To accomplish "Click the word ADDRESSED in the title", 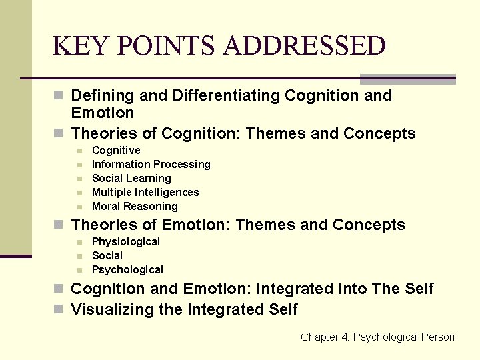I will (x=305, y=46).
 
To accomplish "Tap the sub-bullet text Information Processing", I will (x=151, y=164).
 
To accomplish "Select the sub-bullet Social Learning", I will (x=131, y=178).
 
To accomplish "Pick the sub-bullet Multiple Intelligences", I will (x=145, y=192).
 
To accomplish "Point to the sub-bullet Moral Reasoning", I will (x=135, y=206).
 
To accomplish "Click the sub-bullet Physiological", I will (x=126, y=241).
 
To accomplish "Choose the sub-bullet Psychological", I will (x=127, y=269).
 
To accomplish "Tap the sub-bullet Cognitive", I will (x=116, y=150).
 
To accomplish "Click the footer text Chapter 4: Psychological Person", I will (x=377, y=337).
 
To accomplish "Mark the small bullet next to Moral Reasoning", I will (x=79, y=207).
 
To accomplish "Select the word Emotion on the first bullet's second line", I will (x=103, y=113).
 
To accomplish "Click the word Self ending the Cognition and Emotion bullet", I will (x=418, y=289).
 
